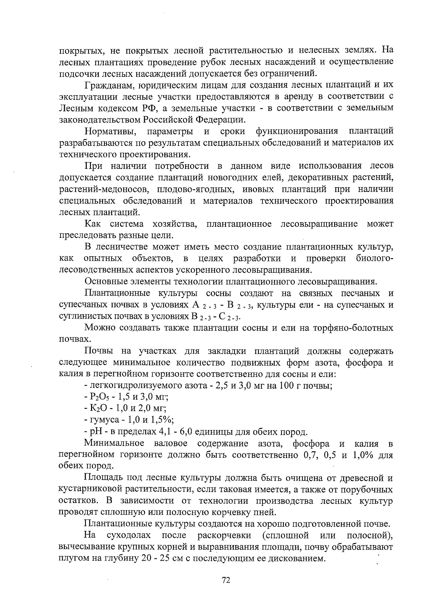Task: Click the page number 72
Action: coord(226,580)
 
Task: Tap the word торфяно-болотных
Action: coord(353,328)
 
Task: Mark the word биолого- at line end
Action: coord(375,259)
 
